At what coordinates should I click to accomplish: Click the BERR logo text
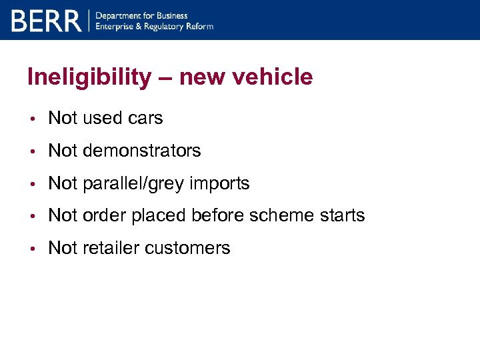46,21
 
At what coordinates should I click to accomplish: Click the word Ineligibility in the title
89,77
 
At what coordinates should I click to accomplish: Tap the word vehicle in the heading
274,77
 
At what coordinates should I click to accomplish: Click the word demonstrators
141,151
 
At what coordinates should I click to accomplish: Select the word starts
343,215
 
